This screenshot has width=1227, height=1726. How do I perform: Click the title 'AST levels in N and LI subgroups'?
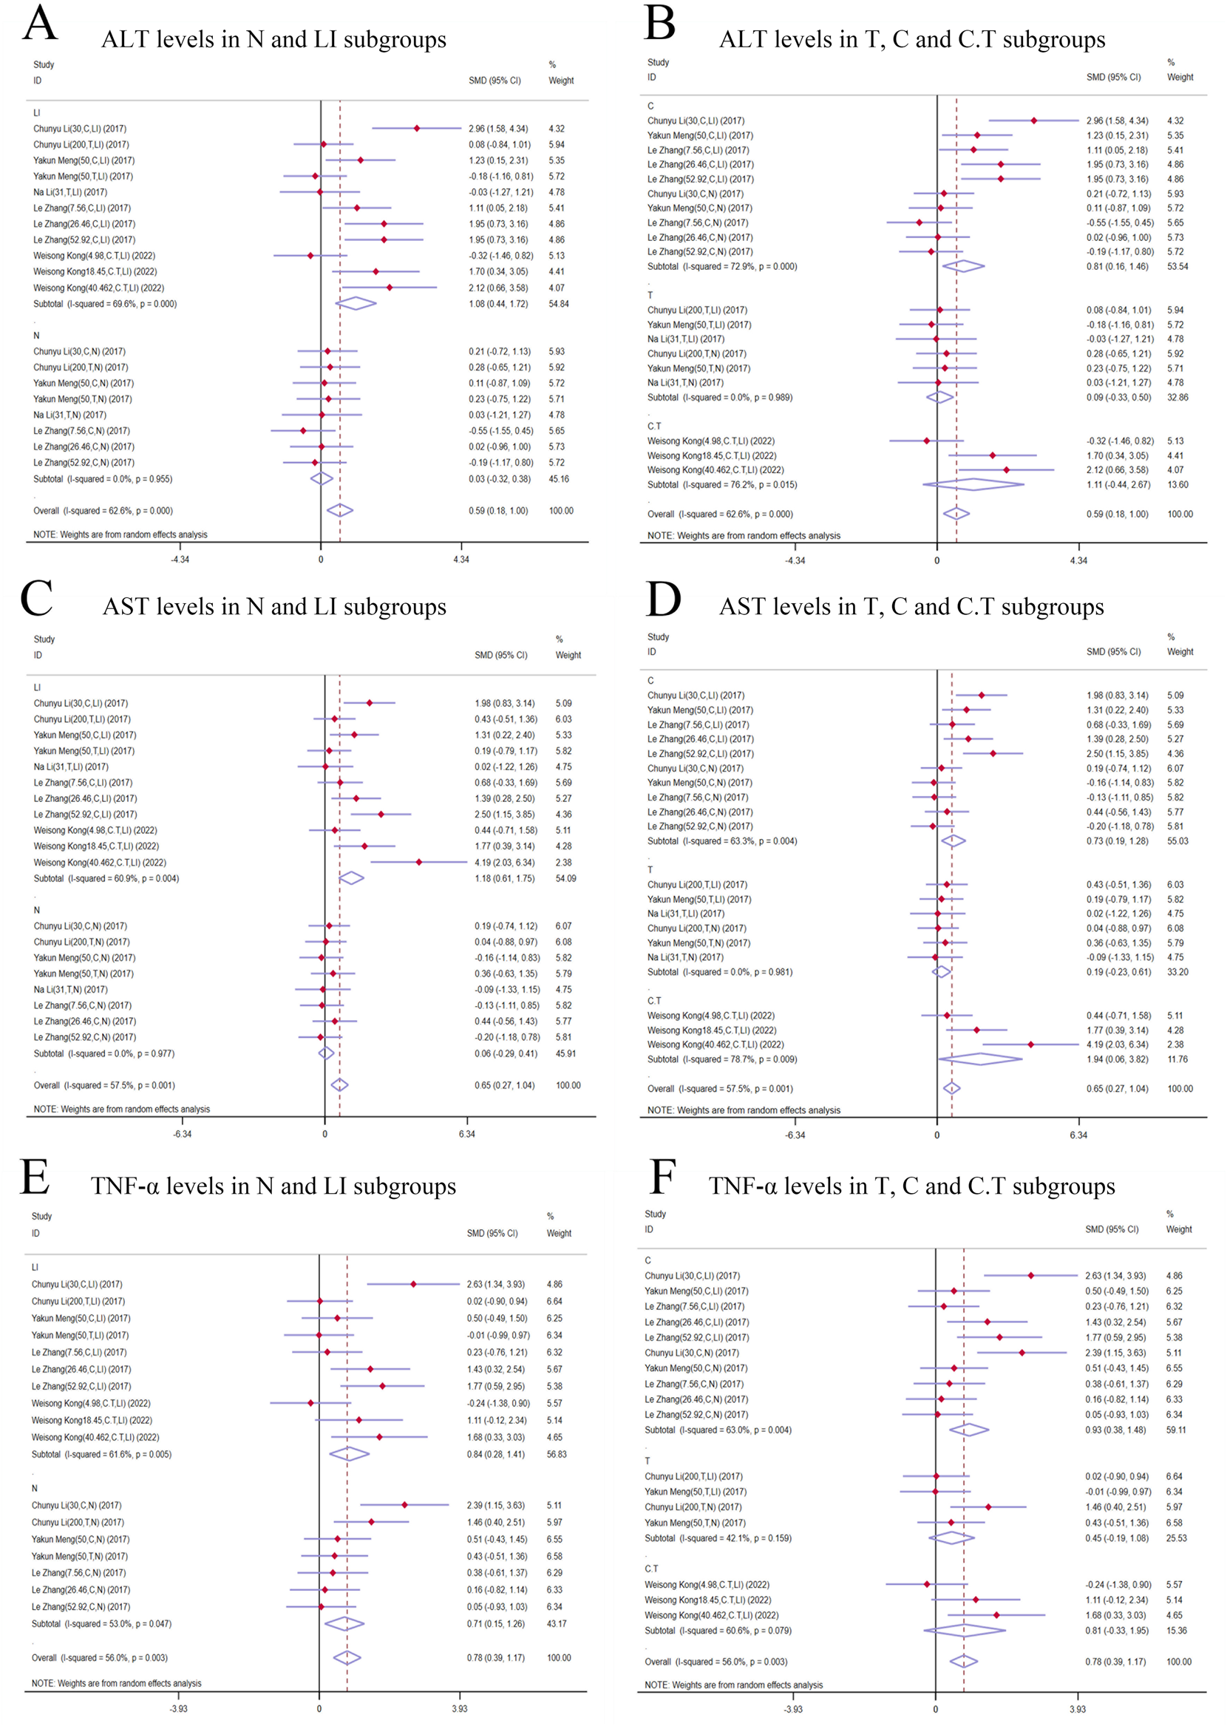tap(274, 607)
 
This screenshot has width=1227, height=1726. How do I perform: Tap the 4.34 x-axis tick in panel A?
tap(461, 560)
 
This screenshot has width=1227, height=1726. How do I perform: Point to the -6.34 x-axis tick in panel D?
tap(795, 1135)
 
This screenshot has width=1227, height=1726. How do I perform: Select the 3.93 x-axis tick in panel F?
tap(1078, 1708)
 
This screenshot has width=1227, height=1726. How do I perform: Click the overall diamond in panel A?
tap(340, 511)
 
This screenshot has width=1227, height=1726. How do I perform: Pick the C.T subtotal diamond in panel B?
tap(974, 485)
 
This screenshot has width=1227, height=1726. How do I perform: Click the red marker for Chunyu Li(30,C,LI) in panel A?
tap(416, 129)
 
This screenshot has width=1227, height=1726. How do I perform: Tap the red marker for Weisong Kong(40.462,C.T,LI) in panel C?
tap(419, 862)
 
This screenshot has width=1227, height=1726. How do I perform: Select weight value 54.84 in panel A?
tap(558, 304)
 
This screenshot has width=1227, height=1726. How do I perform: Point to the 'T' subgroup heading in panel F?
tap(648, 1461)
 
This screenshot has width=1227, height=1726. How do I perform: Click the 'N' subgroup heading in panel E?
tap(35, 1488)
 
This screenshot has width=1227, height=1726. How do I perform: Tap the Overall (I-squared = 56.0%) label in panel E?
tap(100, 1657)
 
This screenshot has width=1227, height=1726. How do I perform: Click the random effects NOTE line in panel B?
tap(744, 536)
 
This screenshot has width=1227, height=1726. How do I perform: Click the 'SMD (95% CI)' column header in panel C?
tap(501, 655)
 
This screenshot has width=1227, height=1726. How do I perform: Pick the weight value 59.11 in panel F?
tap(1175, 1430)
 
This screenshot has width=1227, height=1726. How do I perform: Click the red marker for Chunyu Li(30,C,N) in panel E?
tap(404, 1506)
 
